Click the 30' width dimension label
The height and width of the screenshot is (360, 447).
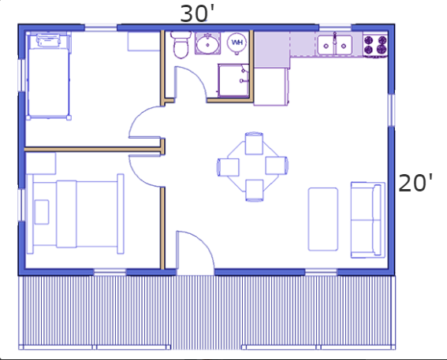[197, 13]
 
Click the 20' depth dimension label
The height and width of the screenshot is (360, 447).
[415, 183]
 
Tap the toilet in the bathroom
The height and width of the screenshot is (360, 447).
[181, 45]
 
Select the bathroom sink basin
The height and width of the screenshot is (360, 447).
[207, 43]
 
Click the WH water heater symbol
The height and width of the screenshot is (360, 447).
[237, 43]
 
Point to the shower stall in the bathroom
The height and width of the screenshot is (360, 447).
[233, 80]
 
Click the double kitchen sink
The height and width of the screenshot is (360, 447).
[335, 45]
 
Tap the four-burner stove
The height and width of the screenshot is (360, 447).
[375, 45]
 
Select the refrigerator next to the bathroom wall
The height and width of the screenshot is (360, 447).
[271, 87]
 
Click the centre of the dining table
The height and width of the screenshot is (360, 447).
[254, 167]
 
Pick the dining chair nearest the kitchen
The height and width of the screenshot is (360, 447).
[254, 143]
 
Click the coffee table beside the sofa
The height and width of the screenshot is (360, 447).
[323, 219]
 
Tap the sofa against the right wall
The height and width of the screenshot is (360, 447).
[368, 220]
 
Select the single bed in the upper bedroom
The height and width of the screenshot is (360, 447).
[48, 76]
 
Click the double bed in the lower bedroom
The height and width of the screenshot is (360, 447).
[75, 213]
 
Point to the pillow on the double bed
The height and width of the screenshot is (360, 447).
[42, 212]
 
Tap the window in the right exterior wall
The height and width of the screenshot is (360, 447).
[391, 110]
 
